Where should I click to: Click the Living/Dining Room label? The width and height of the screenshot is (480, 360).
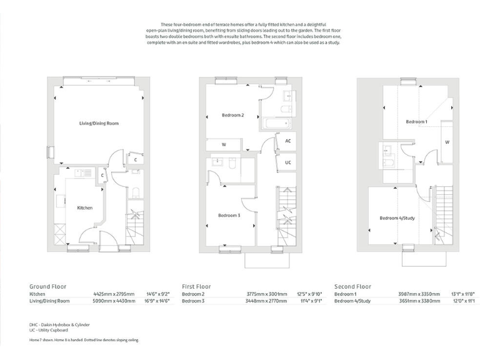(98, 124)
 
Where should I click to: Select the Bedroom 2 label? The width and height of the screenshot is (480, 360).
(232, 115)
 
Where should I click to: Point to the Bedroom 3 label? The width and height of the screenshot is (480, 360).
(229, 216)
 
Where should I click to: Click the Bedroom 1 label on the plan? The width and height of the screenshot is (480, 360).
(416, 122)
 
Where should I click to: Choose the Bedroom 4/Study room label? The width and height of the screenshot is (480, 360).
(397, 218)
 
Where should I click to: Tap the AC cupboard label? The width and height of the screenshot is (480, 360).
(287, 141)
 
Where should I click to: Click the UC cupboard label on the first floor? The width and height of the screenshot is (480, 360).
(287, 162)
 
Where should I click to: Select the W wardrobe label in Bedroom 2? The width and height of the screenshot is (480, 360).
(223, 145)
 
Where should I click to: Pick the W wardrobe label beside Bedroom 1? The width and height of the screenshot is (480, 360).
(446, 142)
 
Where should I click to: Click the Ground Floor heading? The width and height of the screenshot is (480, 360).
(47, 287)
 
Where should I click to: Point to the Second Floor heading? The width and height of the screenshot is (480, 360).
(352, 287)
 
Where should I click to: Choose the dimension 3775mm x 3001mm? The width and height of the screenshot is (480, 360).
(266, 294)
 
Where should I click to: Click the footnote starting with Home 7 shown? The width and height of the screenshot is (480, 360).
(84, 340)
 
